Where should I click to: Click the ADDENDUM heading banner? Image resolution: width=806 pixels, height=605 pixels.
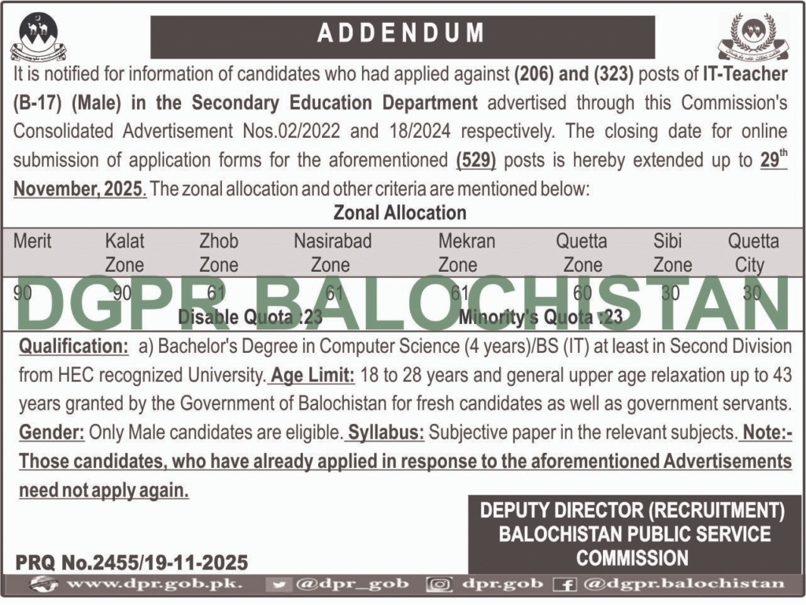[x=402, y=34]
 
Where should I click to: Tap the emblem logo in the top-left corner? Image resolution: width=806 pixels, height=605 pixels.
[x=39, y=37]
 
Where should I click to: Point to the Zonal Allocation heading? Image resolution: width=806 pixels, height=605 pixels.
[x=400, y=213]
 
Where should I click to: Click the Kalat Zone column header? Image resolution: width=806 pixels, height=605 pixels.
[x=125, y=252]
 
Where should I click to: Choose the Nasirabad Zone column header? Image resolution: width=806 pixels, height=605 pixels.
[x=332, y=252]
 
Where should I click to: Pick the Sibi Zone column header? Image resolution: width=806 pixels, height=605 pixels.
[x=672, y=252]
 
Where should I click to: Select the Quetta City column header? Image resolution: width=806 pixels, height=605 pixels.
[x=753, y=252]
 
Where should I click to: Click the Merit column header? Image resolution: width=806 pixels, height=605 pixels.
[x=32, y=241]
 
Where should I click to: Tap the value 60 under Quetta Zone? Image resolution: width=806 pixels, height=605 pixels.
[x=583, y=293]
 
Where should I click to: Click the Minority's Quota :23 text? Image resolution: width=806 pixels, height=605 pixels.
[x=542, y=317]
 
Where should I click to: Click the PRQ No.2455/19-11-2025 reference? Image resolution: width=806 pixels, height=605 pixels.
[x=131, y=562]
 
